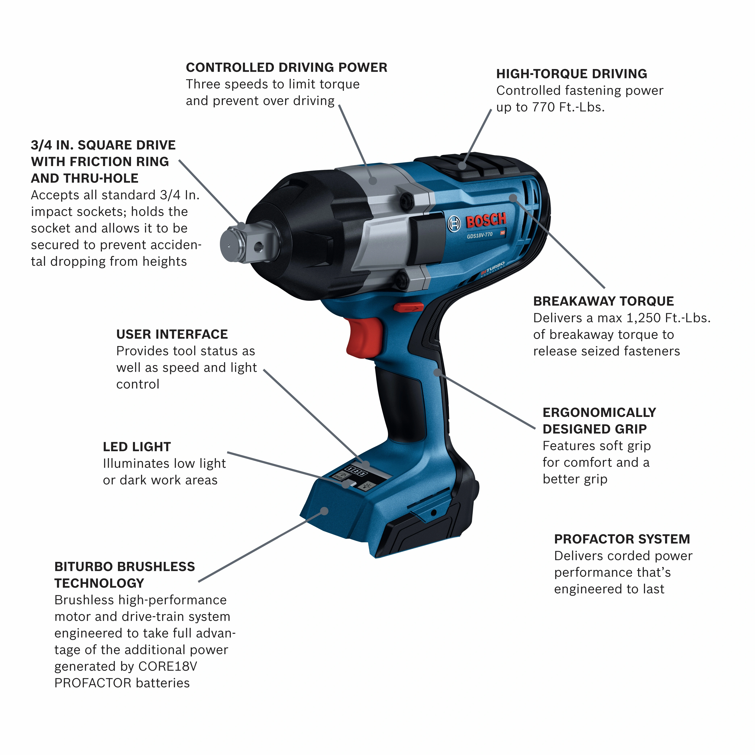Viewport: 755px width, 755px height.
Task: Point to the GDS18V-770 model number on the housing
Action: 479,235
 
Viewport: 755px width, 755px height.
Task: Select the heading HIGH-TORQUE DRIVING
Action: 571,74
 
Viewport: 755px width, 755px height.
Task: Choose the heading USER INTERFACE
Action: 172,334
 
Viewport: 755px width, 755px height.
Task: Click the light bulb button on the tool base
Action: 367,486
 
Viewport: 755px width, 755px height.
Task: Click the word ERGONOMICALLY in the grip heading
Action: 599,413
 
